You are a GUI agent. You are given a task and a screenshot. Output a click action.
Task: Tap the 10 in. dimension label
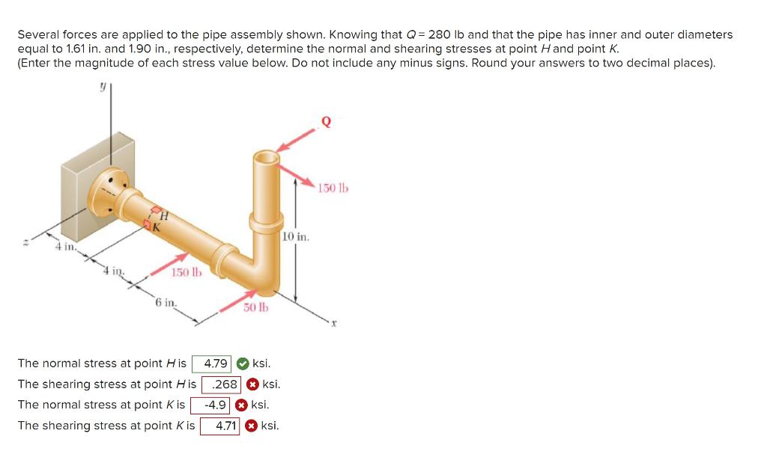point(296,237)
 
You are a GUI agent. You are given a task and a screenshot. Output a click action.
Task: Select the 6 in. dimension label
point(166,302)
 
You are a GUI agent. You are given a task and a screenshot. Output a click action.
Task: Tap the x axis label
point(336,324)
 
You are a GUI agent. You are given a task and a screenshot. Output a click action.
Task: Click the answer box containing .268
point(222,384)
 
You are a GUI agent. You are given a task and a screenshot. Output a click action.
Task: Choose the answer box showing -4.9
point(210,405)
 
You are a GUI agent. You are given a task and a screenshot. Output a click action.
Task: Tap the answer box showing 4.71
point(220,426)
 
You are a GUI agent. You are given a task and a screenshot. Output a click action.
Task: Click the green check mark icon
point(243,364)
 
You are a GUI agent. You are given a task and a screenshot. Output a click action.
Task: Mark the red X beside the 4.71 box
point(252,426)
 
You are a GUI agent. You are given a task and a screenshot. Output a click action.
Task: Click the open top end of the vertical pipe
point(266,158)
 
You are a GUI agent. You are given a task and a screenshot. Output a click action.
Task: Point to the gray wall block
point(82,172)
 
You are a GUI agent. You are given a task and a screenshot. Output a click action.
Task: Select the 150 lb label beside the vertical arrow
point(333,187)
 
